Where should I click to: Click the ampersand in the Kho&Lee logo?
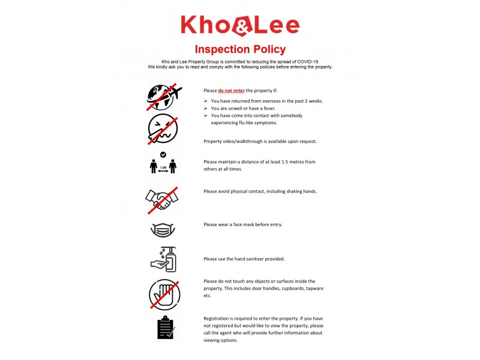(x=240, y=26)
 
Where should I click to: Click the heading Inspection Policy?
(x=240, y=49)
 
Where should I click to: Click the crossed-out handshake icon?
(x=163, y=200)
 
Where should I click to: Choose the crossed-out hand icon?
(x=164, y=294)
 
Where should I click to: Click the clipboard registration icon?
(x=165, y=328)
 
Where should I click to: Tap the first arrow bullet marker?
(x=206, y=101)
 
